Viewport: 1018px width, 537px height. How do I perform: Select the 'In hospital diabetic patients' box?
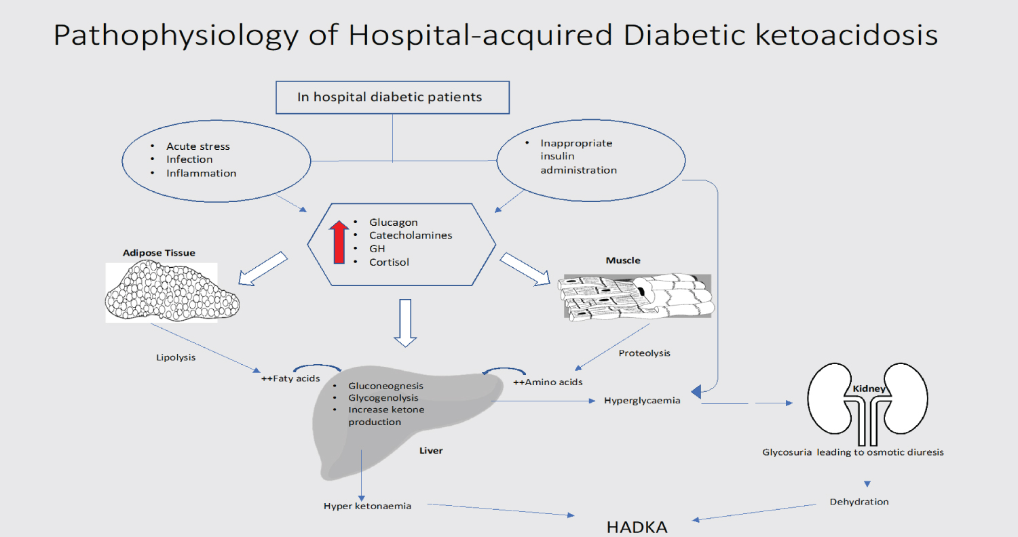coord(392,97)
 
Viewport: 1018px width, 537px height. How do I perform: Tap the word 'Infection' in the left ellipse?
coord(189,159)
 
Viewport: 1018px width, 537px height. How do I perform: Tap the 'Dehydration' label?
coord(859,502)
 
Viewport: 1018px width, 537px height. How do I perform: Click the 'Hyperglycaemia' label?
coord(641,400)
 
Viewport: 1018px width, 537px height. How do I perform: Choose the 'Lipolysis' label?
coord(176,357)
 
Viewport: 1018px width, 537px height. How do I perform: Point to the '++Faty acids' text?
coord(290,378)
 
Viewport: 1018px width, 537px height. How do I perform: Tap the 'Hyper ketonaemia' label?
coord(367,506)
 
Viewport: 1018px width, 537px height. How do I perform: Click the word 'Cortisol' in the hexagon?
coord(389,262)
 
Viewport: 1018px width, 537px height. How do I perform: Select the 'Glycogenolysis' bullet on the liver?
coord(383,398)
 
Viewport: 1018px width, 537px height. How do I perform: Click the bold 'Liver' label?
coord(431,450)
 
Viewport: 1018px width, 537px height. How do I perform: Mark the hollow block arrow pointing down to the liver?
coord(405,321)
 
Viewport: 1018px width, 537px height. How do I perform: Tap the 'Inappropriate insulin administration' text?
coord(578,157)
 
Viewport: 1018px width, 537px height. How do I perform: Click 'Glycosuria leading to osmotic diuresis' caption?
coord(852,452)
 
